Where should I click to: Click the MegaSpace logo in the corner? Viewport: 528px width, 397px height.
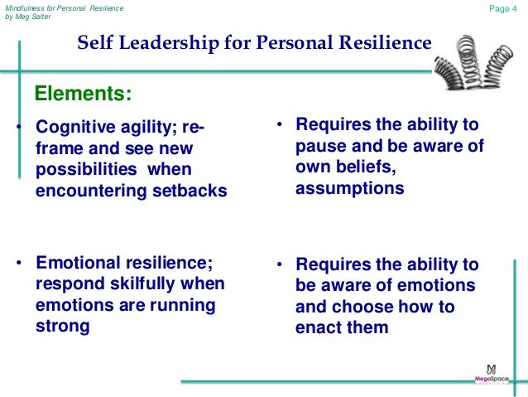coord(491,372)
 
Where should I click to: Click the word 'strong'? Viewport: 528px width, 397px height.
coord(63,326)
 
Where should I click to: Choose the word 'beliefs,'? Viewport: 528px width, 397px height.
coord(377,167)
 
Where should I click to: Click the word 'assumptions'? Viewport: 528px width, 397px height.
coord(349,188)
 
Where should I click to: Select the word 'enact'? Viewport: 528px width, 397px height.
coord(317,327)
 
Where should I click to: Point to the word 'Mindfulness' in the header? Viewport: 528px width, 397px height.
coord(26,7)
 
